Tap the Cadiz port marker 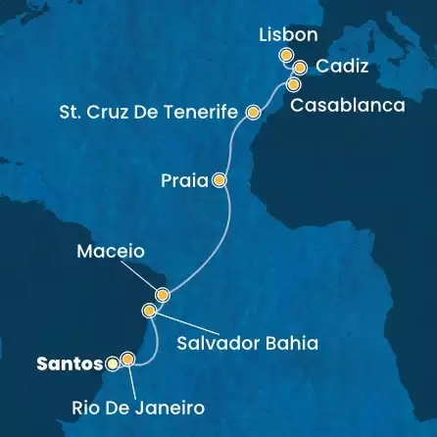300,68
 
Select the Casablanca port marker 293,84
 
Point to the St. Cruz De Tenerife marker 253,113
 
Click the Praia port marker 219,180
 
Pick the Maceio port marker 163,294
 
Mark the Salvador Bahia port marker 150,312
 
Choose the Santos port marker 113,364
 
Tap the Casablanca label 347,106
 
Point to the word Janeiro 170,406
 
